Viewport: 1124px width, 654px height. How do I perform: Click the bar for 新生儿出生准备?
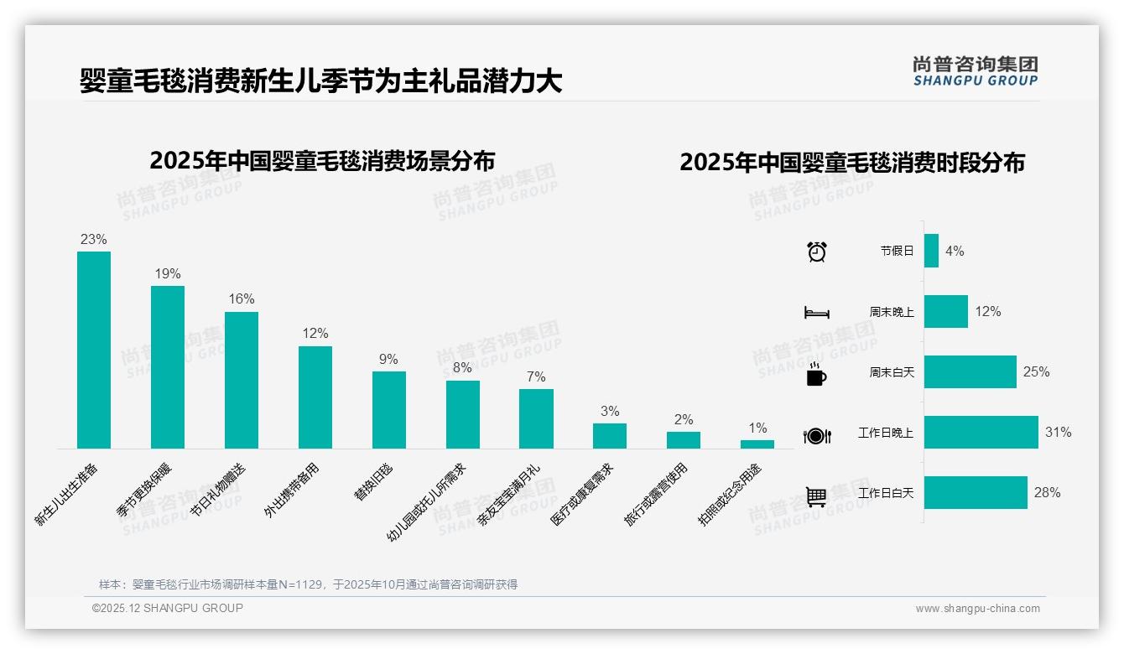coord(94,350)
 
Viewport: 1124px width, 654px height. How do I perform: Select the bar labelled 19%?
coord(168,367)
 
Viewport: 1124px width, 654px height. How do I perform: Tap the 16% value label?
coord(242,299)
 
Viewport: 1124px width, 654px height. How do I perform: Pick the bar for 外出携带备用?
coord(315,397)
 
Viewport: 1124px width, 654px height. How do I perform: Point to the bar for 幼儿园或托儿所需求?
coord(463,414)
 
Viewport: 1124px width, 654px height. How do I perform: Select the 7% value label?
coord(536,376)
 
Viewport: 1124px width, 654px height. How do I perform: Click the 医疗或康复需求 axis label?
coord(582,495)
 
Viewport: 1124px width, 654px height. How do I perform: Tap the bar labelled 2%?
coord(684,440)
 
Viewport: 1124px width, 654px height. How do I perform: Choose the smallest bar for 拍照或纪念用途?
coord(757,444)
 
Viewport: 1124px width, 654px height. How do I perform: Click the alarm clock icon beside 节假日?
coord(817,251)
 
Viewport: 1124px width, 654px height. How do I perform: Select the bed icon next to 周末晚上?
coord(817,312)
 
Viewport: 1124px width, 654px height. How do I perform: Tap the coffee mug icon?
coord(816,374)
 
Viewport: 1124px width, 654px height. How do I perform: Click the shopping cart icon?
coord(816,496)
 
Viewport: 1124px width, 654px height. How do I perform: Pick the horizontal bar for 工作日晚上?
coord(981,433)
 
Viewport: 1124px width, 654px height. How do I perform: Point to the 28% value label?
coord(1047,493)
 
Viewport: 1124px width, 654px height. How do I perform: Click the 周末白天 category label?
coord(892,372)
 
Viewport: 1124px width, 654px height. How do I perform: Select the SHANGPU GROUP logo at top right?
coord(976,71)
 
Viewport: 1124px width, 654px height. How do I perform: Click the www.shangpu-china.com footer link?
coord(977,609)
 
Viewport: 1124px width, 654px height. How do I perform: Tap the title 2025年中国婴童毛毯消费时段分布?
coord(852,163)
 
